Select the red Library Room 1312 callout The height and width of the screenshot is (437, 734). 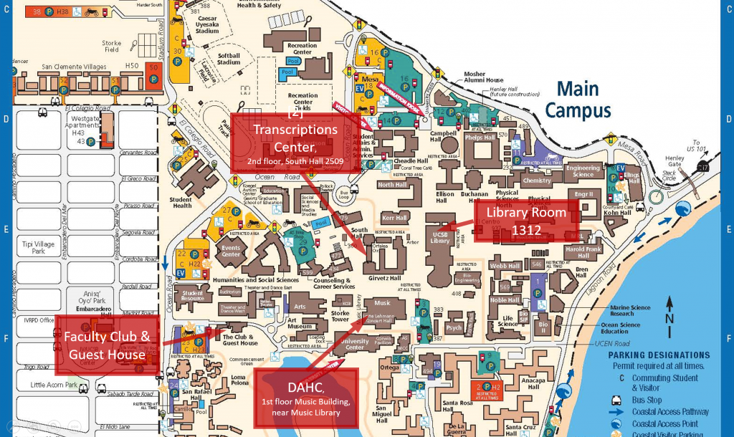coord(526,221)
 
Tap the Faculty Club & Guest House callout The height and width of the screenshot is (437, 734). coord(107,345)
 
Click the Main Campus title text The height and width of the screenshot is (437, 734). coord(577,100)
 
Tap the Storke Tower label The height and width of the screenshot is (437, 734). coord(340,316)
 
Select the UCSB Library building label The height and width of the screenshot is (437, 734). coord(440,238)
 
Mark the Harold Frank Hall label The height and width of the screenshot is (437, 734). coord(583,252)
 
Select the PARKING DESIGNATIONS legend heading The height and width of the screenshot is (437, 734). coord(659,355)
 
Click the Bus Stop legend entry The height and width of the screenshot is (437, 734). coord(644,400)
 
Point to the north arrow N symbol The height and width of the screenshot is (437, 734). coord(668,318)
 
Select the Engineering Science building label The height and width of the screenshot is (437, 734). coord(583,171)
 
